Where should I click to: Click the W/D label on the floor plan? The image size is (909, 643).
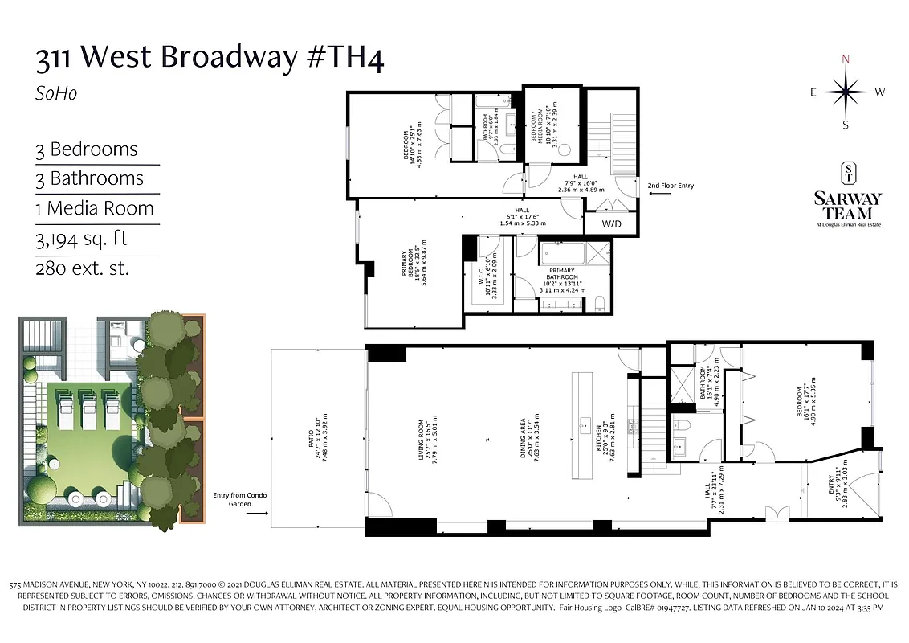coord(612,223)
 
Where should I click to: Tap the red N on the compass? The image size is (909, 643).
coord(846,59)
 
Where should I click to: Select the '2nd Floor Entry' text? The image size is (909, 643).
coord(671,186)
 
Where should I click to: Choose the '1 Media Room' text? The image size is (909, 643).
coord(94,208)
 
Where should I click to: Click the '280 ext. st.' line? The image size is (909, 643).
coord(82,268)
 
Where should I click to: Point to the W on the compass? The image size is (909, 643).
coord(880,92)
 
